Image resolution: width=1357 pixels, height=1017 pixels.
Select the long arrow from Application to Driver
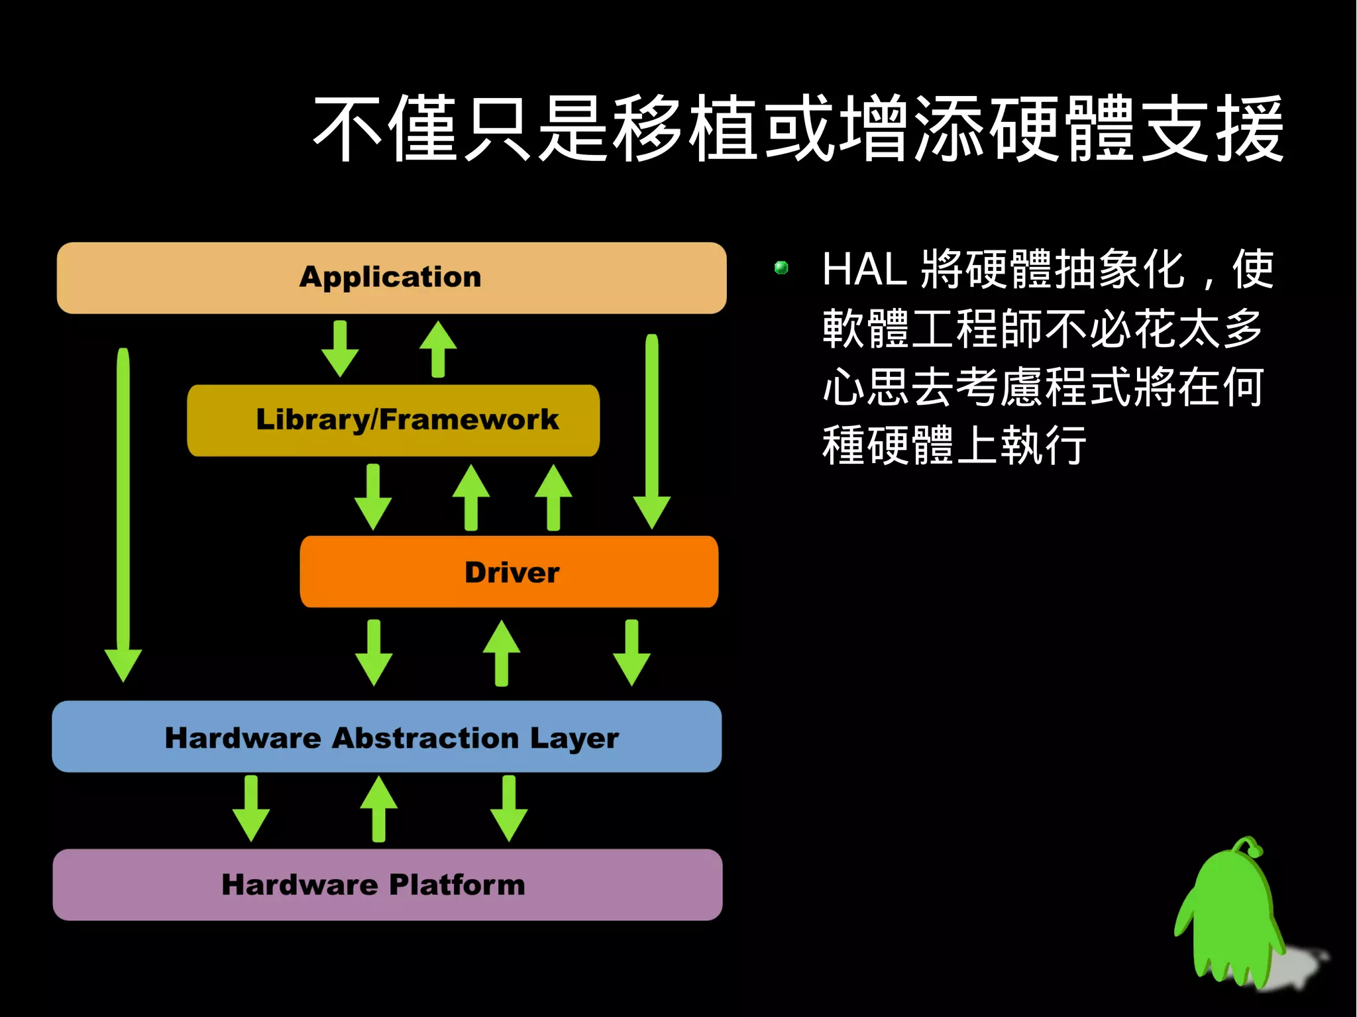tap(652, 431)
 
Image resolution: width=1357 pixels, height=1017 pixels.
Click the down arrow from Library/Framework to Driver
tap(373, 497)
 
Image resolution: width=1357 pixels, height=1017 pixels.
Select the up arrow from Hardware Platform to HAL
tap(379, 809)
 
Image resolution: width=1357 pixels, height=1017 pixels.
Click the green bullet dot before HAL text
tap(781, 268)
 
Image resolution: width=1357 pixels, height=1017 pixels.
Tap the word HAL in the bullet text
tap(864, 269)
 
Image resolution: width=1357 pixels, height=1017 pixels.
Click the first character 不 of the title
tap(347, 129)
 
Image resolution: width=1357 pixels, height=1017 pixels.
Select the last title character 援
tap(1250, 129)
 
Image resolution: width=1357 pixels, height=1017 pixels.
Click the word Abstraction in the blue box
tap(425, 737)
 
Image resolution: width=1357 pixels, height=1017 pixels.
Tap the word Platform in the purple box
tap(457, 885)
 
